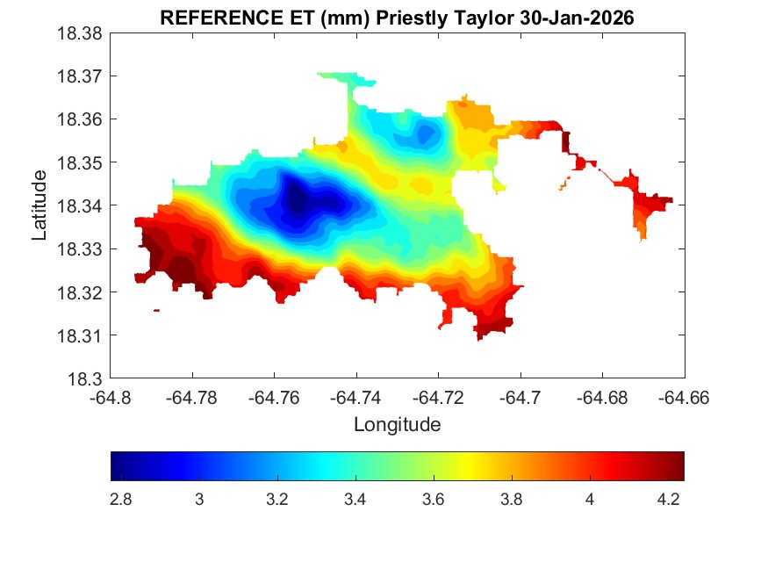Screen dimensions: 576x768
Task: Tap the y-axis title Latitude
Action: pyautogui.click(x=39, y=205)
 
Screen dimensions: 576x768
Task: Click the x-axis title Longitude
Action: pyautogui.click(x=397, y=425)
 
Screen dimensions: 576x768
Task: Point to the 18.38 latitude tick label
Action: pyautogui.click(x=81, y=33)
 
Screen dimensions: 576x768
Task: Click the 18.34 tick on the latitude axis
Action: pyautogui.click(x=81, y=206)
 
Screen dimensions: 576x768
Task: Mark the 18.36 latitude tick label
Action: pyautogui.click(x=81, y=119)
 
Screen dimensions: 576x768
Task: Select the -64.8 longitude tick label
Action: pyautogui.click(x=111, y=398)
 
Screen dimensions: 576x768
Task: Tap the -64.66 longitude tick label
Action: pyautogui.click(x=685, y=398)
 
